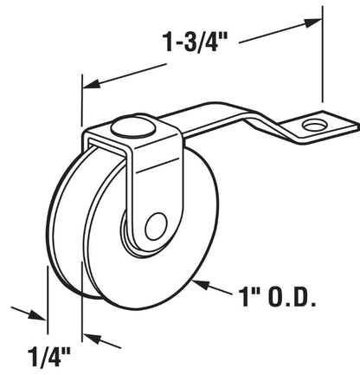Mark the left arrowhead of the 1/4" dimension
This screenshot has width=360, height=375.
click(x=41, y=315)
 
